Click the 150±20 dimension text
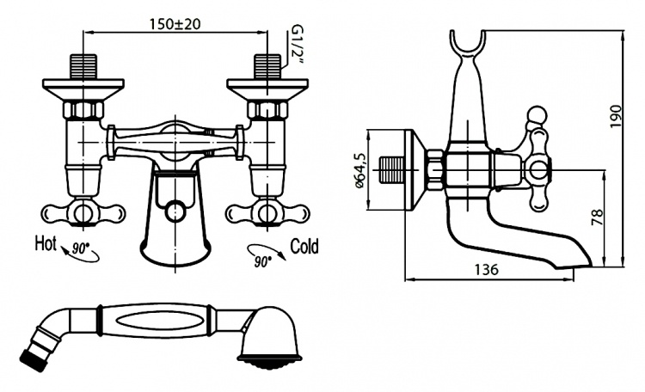pyautogui.click(x=175, y=24)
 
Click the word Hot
pyautogui.click(x=46, y=243)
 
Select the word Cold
pyautogui.click(x=304, y=246)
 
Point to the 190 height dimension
pyautogui.click(x=616, y=116)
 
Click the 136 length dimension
pyautogui.click(x=486, y=269)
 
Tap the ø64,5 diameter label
pyautogui.click(x=359, y=170)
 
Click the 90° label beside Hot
pyautogui.click(x=81, y=248)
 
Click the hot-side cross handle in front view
pyautogui.click(x=83, y=214)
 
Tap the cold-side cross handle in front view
pyautogui.click(x=267, y=214)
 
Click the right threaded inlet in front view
pyautogui.click(x=267, y=66)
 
